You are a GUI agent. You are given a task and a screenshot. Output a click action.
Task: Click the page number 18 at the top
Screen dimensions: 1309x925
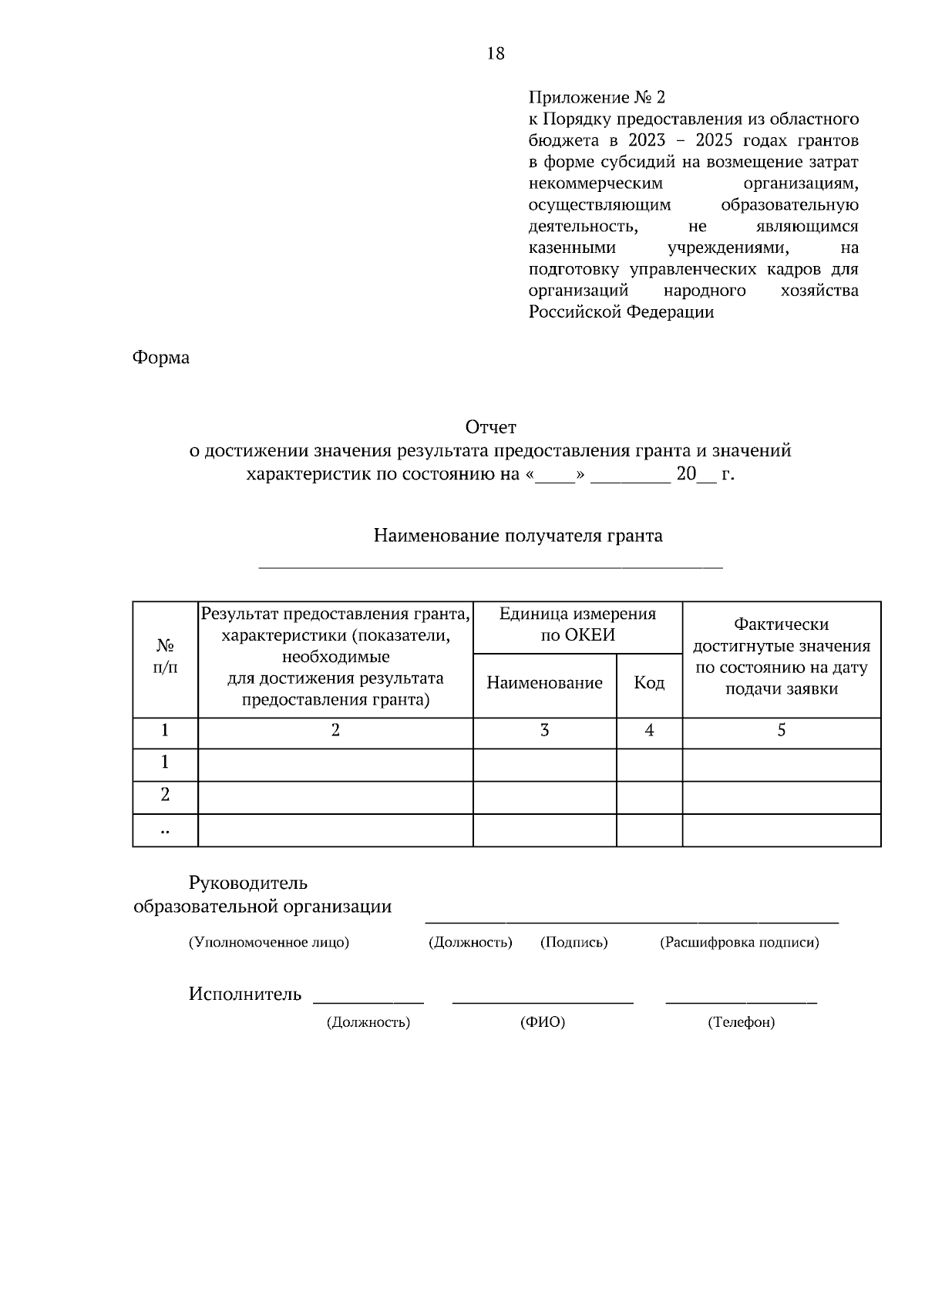point(496,53)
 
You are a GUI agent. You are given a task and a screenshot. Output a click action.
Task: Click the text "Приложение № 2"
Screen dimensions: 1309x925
point(596,98)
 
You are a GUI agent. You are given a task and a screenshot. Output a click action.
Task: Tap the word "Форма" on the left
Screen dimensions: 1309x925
point(161,358)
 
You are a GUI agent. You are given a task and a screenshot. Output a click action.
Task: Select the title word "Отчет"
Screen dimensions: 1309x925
point(490,426)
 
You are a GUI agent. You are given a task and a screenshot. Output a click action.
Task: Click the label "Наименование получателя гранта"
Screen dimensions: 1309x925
point(518,536)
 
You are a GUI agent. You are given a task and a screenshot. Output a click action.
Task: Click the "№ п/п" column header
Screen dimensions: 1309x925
point(165,656)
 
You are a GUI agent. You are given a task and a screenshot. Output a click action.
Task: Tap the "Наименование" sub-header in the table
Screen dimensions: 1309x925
point(544,683)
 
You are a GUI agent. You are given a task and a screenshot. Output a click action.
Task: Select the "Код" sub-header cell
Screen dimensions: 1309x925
point(649,683)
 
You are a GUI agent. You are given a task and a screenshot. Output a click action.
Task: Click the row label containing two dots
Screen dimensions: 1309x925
point(165,831)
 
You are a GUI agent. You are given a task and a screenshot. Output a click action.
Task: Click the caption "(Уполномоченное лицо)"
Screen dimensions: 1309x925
point(269,942)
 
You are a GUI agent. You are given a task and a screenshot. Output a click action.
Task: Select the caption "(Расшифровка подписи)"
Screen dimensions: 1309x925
point(739,942)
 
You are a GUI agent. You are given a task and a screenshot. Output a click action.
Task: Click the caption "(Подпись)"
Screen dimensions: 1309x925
point(573,942)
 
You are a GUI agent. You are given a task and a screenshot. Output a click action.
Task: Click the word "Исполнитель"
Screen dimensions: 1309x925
point(245,994)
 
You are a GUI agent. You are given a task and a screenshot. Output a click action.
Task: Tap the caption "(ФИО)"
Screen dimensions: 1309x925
point(543,1022)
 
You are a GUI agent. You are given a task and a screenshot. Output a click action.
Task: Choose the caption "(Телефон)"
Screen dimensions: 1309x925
point(741,1022)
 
